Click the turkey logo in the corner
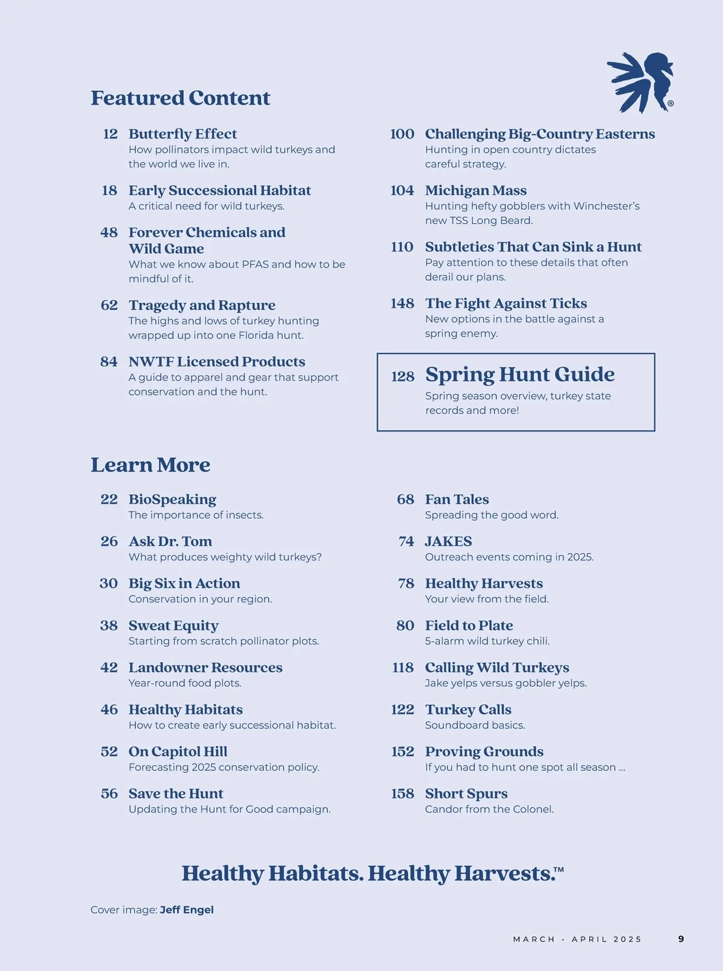tap(640, 82)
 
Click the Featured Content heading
tap(180, 98)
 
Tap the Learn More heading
tap(150, 465)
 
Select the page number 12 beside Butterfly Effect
tap(110, 134)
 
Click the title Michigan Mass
tap(475, 190)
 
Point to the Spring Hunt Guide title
tap(519, 374)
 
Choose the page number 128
tap(402, 377)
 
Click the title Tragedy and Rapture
tap(202, 305)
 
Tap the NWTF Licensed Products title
tap(216, 362)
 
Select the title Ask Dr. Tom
tap(170, 541)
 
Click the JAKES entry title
tap(448, 541)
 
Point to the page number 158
tap(402, 793)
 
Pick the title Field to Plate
tap(469, 625)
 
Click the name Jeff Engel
tap(187, 910)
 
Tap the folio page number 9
tap(681, 939)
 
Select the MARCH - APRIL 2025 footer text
tap(577, 939)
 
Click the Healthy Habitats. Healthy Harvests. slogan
tap(372, 873)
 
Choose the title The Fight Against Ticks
tap(505, 303)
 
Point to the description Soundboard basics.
tap(475, 725)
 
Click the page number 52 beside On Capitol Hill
tap(109, 751)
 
